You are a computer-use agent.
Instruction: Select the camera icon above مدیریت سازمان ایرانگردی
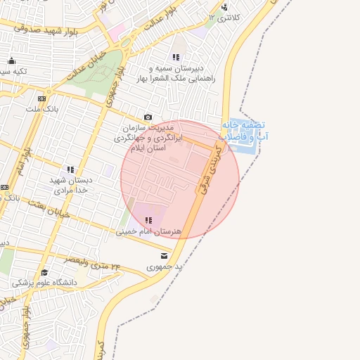point(148,117)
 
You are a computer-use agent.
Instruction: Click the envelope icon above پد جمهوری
point(164,256)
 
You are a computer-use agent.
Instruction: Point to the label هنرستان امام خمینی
point(150,231)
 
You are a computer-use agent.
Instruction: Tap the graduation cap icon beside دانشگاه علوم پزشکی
point(44,272)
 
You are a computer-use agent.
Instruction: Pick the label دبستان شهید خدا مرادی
point(70,185)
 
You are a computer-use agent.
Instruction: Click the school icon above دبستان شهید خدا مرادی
point(70,169)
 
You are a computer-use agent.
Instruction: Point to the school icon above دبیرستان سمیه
point(175,57)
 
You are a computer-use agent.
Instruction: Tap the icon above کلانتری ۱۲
point(224,7)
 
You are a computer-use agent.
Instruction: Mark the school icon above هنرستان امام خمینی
point(147,220)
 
